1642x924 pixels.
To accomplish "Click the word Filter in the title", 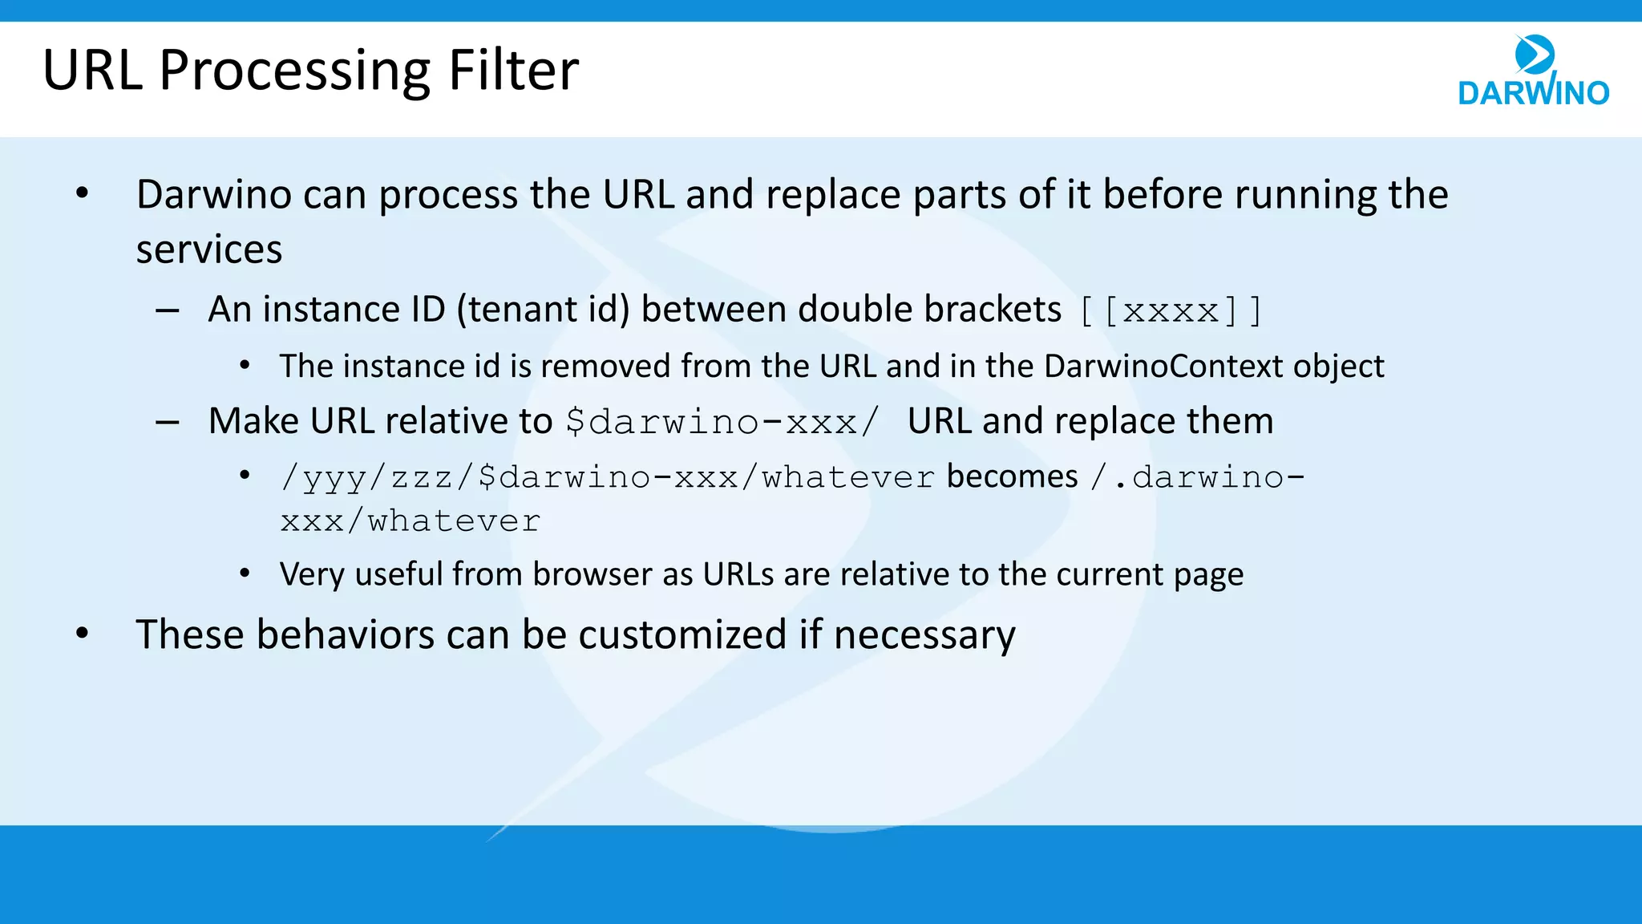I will (x=513, y=71).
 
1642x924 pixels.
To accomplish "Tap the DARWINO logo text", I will (x=1533, y=93).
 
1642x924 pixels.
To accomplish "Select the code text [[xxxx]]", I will (x=1171, y=311).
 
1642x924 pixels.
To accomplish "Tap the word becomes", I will (x=1012, y=477).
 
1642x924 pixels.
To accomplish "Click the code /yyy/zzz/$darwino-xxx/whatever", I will (x=607, y=478).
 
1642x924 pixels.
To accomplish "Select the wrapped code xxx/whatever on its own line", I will (x=410, y=522).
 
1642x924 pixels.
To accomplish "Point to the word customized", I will (x=682, y=635).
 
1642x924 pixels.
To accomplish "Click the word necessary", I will (x=924, y=635).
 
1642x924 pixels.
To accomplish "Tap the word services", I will (x=209, y=249).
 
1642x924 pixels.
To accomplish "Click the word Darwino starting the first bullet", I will (x=213, y=195).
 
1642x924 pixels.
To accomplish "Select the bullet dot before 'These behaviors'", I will (x=83, y=634).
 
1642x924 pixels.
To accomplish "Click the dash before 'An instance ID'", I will (x=168, y=310).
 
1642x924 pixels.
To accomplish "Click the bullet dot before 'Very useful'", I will (x=245, y=574).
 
